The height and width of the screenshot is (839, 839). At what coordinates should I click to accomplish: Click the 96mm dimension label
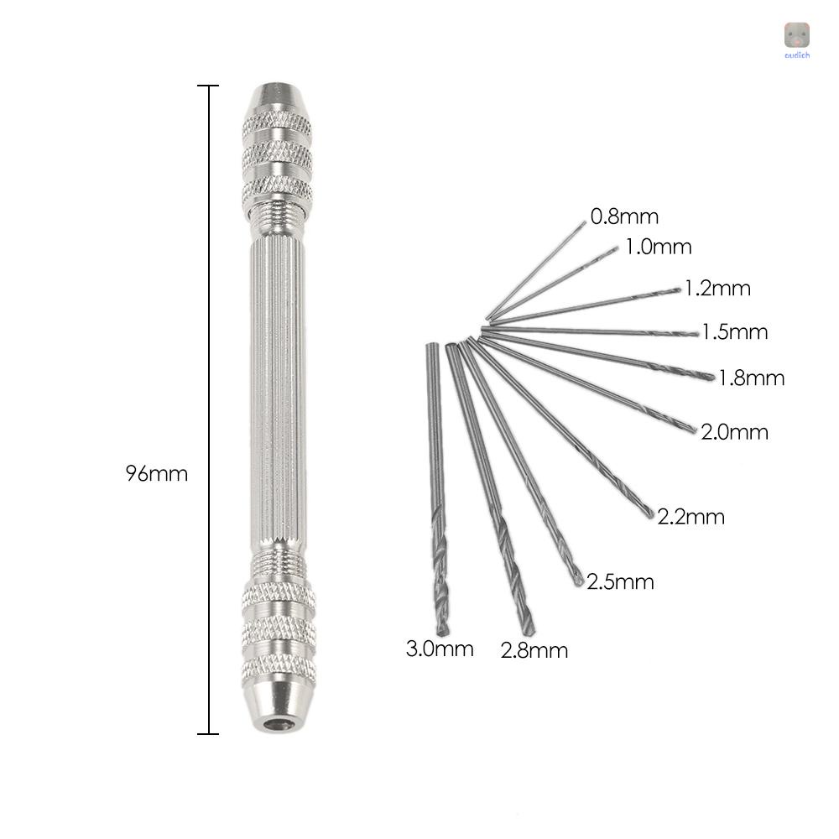pyautogui.click(x=157, y=474)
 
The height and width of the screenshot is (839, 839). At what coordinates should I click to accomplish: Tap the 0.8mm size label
pyautogui.click(x=624, y=216)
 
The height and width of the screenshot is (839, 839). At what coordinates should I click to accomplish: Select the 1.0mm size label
pyautogui.click(x=659, y=247)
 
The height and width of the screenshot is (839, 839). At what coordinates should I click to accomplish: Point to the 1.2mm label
pyautogui.click(x=718, y=289)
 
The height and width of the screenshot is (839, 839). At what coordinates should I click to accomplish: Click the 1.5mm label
pyautogui.click(x=735, y=332)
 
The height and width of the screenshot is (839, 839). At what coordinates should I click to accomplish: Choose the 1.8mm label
pyautogui.click(x=751, y=378)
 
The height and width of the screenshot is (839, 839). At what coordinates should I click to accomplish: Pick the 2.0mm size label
pyautogui.click(x=735, y=432)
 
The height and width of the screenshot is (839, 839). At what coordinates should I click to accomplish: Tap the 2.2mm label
pyautogui.click(x=690, y=517)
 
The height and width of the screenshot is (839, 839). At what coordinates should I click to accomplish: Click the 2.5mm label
pyautogui.click(x=620, y=582)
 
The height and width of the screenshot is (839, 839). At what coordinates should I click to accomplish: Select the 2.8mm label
pyautogui.click(x=534, y=651)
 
